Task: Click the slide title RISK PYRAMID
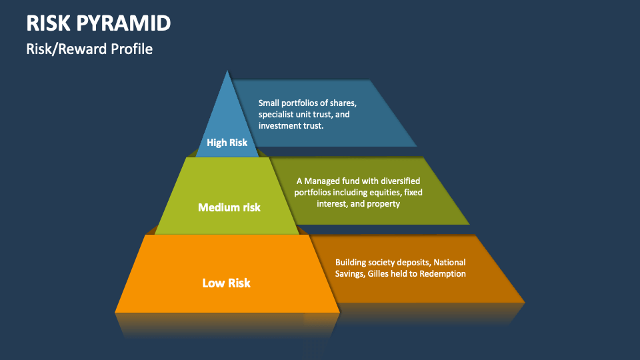coord(99,23)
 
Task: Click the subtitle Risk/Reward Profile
coord(89,49)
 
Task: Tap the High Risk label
coord(227,142)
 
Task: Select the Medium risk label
coord(229,207)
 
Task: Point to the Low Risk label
coord(227,283)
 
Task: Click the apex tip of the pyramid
coord(228,71)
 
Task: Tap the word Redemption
coord(443,274)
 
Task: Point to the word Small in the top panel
coord(269,103)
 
